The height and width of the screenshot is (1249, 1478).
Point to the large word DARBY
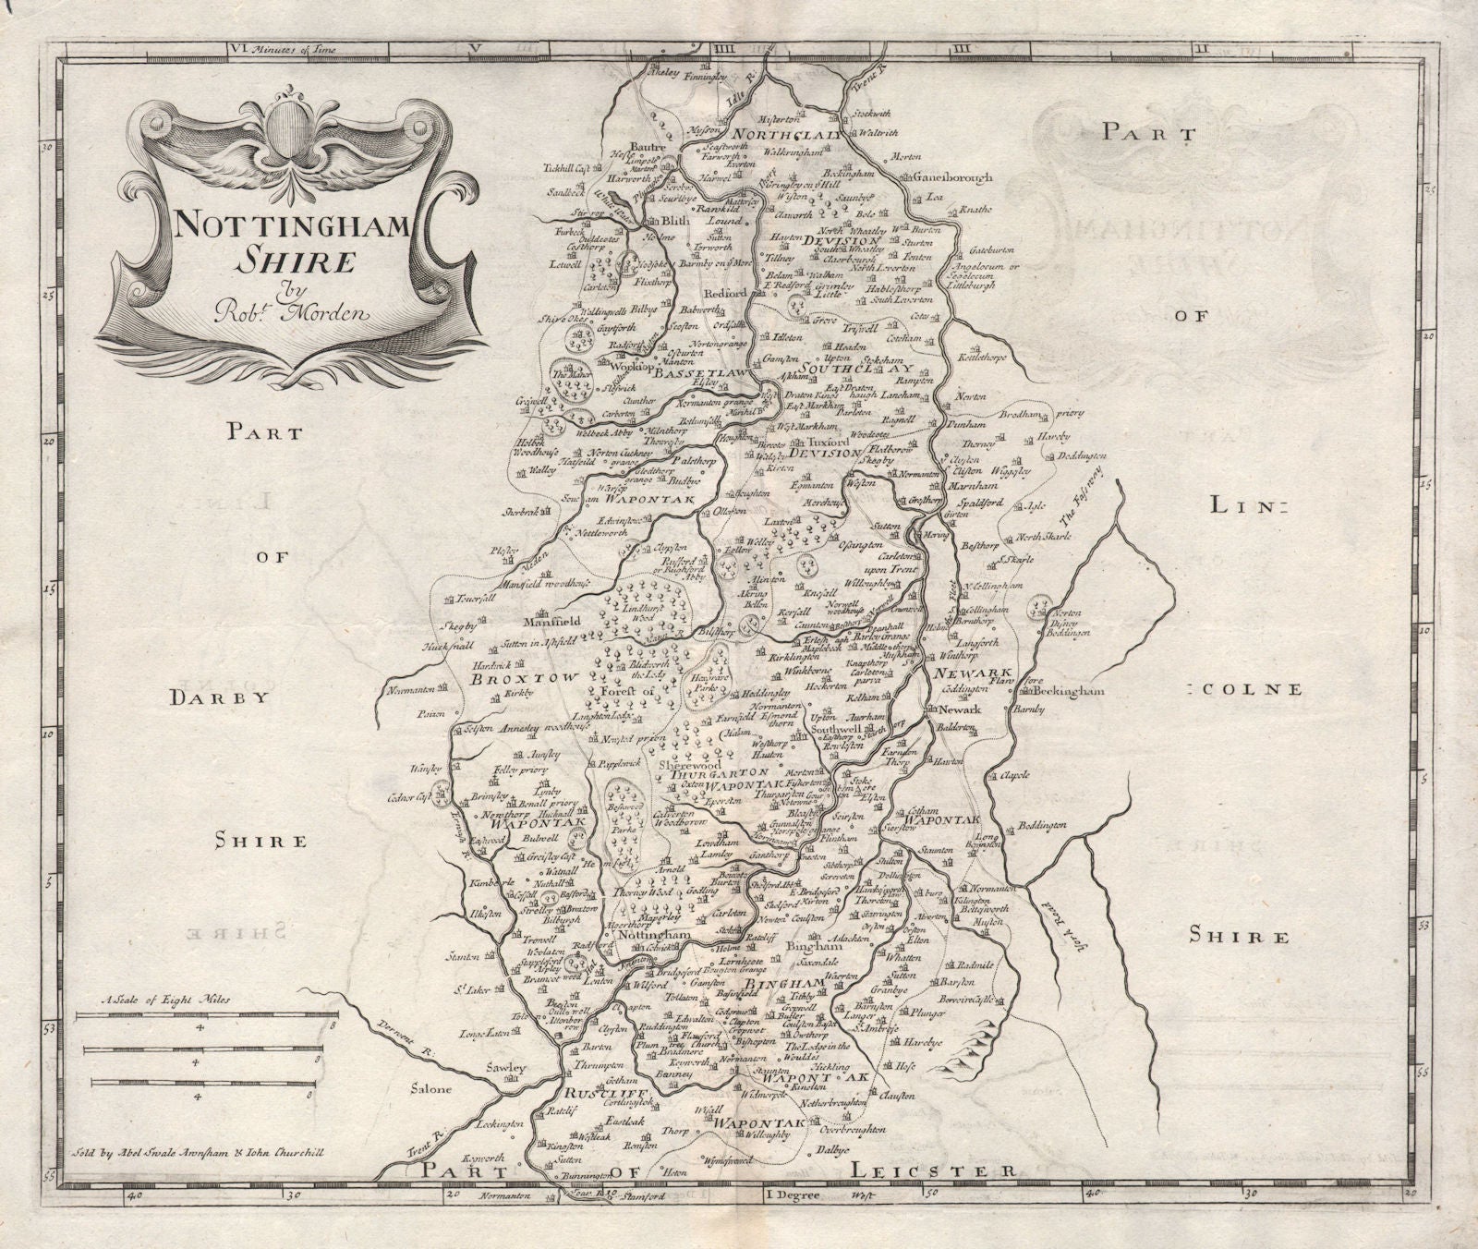pos(219,697)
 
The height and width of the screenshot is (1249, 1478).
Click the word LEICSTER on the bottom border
pos(931,1170)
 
